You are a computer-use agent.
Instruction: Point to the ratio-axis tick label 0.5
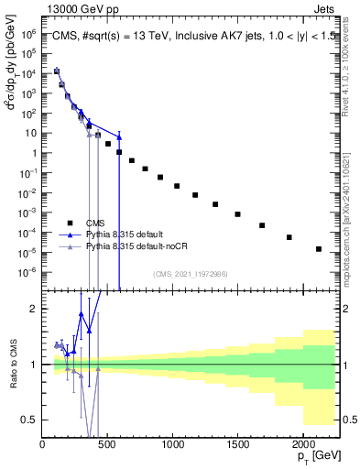tap(30, 420)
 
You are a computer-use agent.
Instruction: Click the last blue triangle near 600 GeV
tap(119, 136)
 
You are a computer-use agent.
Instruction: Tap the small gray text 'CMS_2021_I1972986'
tap(190, 273)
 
